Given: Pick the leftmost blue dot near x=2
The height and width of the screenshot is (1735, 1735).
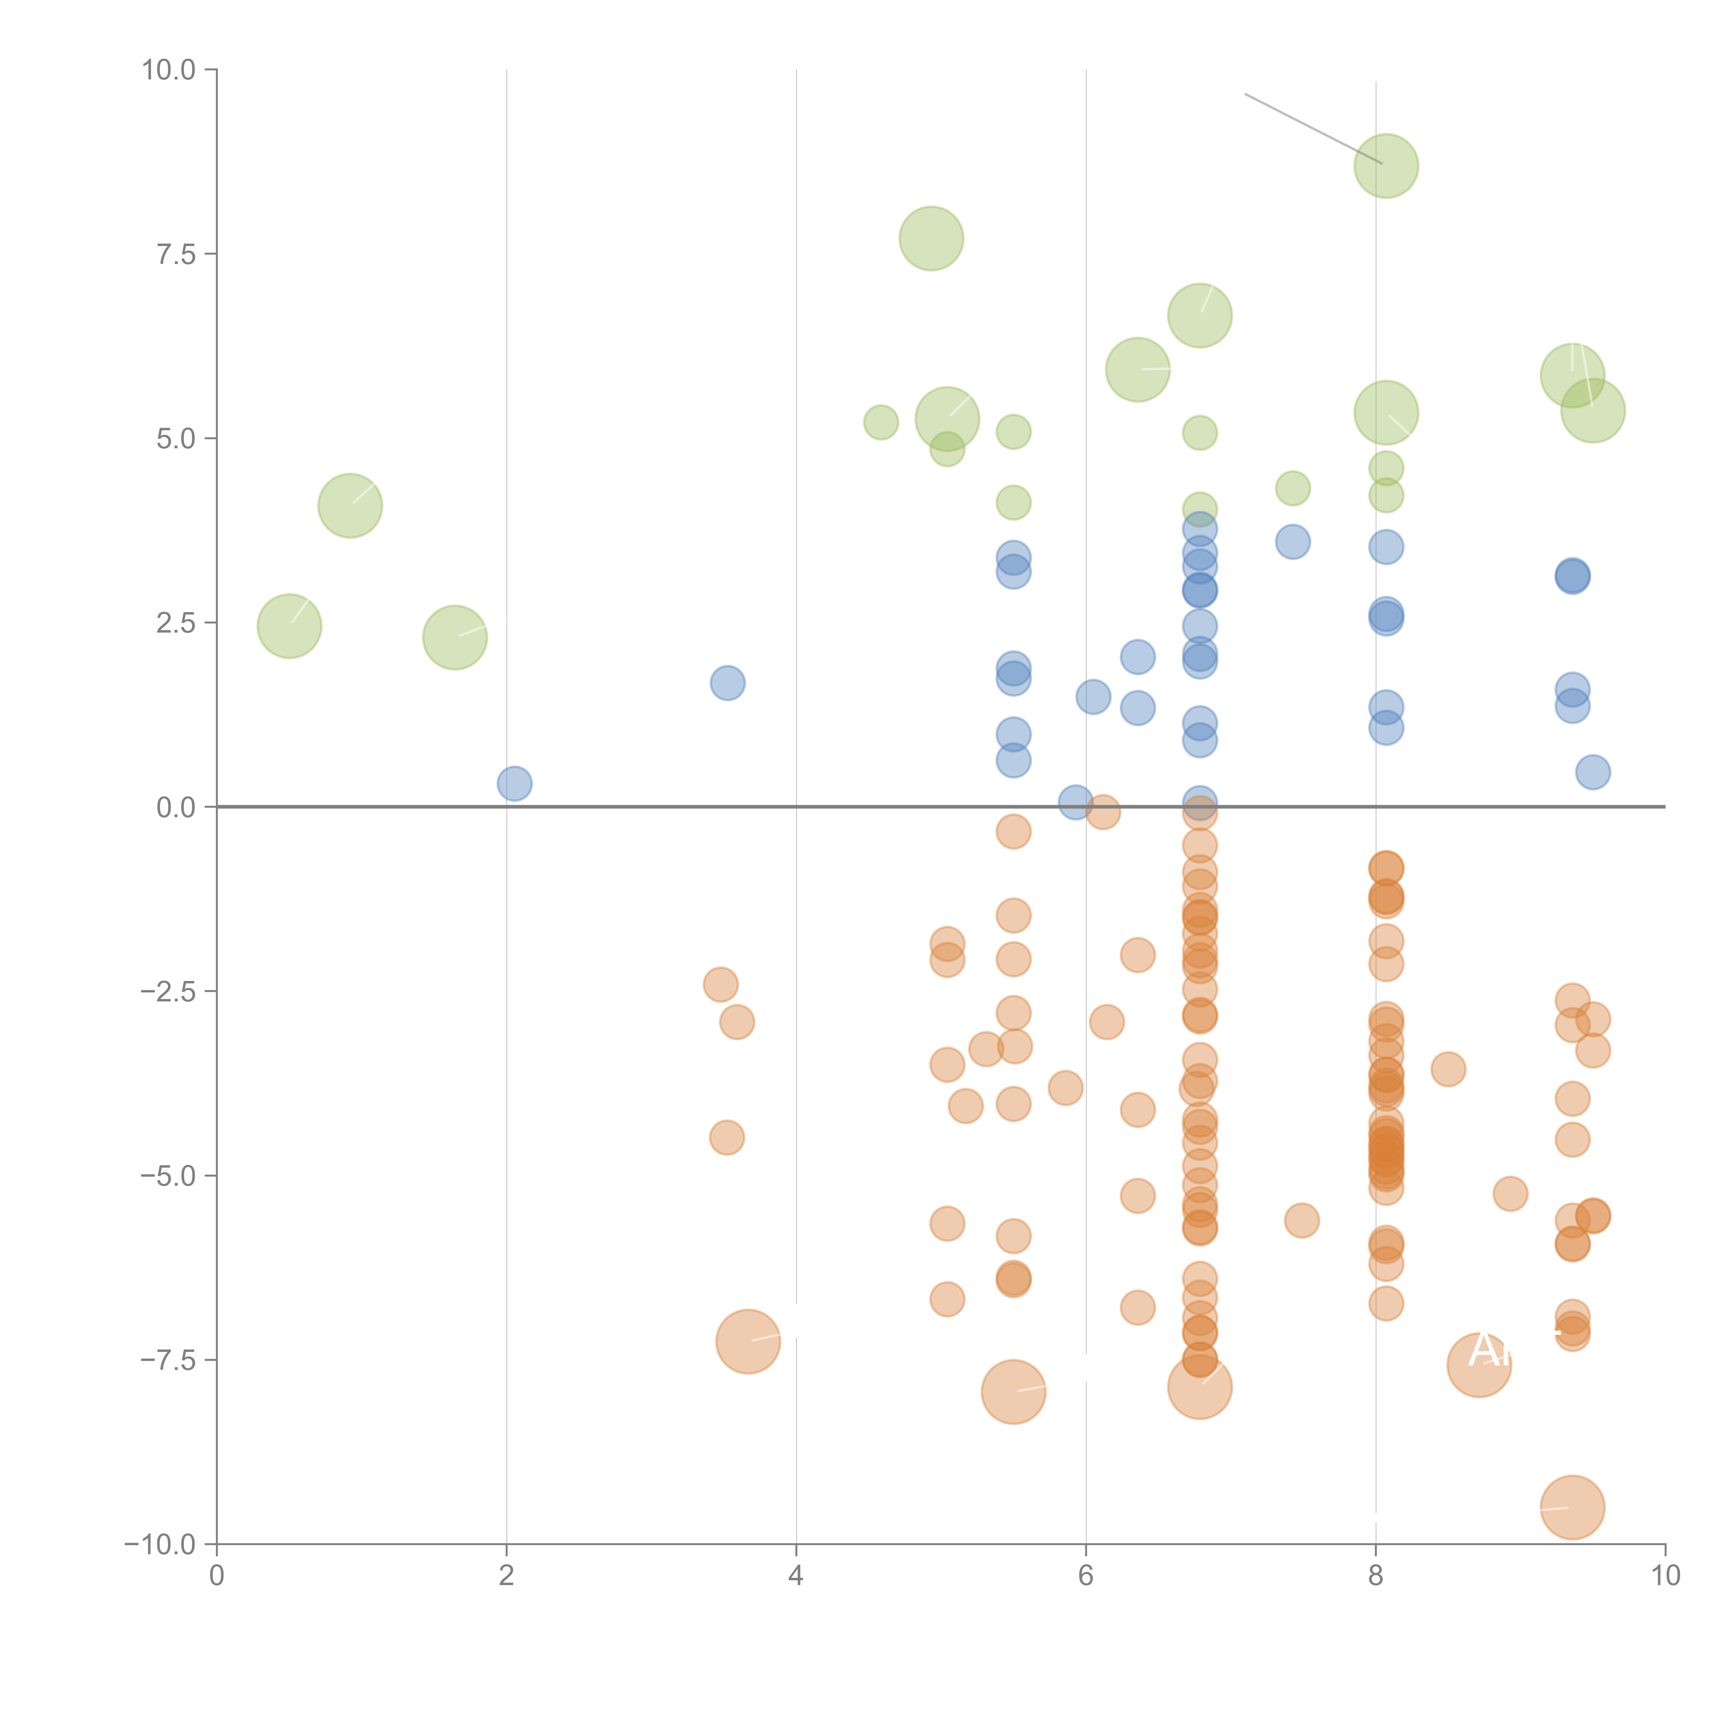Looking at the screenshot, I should point(514,783).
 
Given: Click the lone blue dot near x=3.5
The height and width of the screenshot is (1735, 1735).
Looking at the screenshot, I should point(727,683).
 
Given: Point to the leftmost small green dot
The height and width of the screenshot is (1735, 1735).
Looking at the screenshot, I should point(880,422).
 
